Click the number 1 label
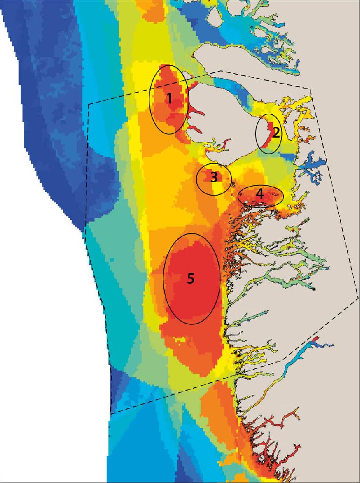[x=170, y=98]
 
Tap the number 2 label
[x=276, y=132]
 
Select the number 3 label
[x=214, y=177]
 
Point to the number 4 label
[x=260, y=193]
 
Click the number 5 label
[x=191, y=278]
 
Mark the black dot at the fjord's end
[x=315, y=288]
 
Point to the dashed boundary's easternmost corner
[x=358, y=297]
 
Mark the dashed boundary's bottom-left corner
[x=111, y=413]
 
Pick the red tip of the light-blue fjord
[x=315, y=340]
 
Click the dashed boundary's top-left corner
[x=89, y=104]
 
